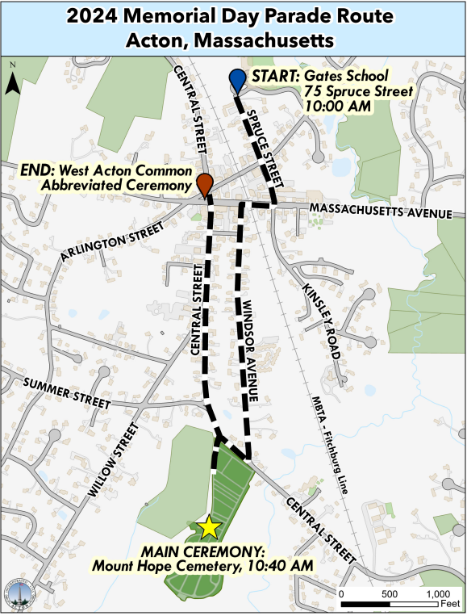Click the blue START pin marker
[x=237, y=80]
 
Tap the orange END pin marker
[x=205, y=182]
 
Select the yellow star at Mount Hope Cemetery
[x=210, y=527]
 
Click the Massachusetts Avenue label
[x=380, y=212]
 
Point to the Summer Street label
[x=67, y=392]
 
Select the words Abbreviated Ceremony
[x=115, y=186]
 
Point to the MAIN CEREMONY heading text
[x=203, y=551]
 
